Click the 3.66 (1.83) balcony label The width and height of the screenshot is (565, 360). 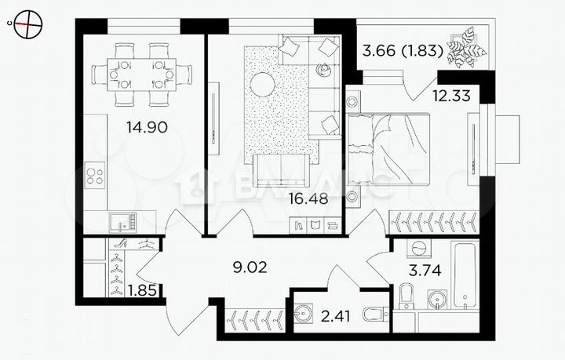(x=401, y=53)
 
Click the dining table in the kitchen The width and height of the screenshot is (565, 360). (x=141, y=75)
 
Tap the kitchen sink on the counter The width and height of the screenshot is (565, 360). (x=122, y=222)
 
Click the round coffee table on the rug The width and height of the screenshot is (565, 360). (x=262, y=84)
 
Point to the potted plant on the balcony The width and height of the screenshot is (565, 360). (x=468, y=47)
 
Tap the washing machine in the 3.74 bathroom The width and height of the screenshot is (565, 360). (x=418, y=249)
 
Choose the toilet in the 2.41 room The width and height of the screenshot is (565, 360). (x=375, y=315)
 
